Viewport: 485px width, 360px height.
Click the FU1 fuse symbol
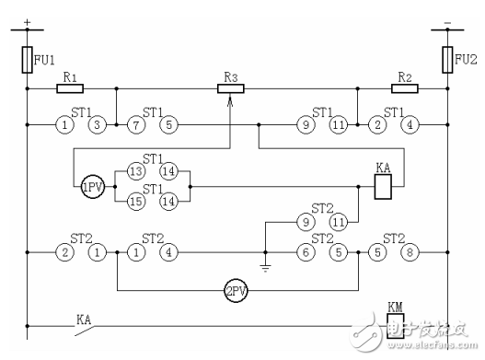tap(27, 61)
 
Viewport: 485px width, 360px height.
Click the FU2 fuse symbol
tap(448, 61)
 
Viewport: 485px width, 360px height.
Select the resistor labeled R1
tap(70, 89)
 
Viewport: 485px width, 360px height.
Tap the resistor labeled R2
tap(404, 89)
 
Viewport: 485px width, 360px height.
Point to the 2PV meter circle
tap(236, 294)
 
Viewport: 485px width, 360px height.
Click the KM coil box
tap(397, 326)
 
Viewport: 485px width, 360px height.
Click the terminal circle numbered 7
tap(135, 123)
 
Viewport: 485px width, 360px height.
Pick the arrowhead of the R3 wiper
tap(230, 100)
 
